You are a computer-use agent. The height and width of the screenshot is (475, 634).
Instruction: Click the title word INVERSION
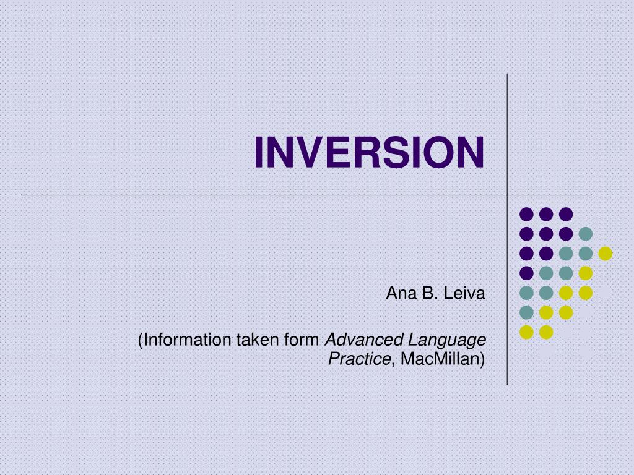tap(369, 152)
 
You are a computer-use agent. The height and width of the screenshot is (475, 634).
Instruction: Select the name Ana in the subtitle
tap(399, 293)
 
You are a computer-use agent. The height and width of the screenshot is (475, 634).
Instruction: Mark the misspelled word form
tap(302, 340)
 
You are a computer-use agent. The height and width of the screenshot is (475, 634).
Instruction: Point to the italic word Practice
tap(360, 358)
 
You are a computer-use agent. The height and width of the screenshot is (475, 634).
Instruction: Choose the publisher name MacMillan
tap(441, 358)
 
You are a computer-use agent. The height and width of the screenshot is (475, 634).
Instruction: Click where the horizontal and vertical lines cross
tap(508, 195)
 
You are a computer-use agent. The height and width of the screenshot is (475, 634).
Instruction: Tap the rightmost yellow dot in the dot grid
tap(605, 253)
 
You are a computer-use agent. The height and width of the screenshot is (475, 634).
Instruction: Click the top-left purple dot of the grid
tap(526, 214)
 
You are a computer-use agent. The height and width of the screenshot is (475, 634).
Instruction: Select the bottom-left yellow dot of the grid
tap(526, 332)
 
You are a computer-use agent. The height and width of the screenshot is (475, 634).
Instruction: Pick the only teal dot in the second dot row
tap(585, 234)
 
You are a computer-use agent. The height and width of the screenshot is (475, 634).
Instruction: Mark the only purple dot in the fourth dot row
tap(526, 273)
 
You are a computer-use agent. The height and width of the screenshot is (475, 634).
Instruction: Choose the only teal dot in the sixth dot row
tap(526, 312)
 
